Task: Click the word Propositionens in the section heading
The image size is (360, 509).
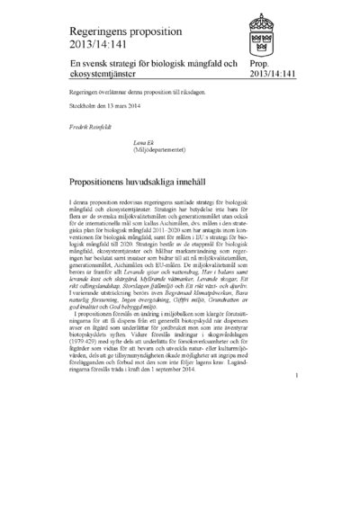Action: point(108,181)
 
